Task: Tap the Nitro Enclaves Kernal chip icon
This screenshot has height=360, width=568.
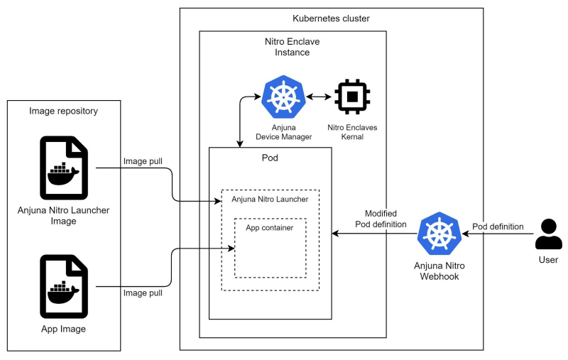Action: click(352, 97)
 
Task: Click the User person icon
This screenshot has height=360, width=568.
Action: click(548, 234)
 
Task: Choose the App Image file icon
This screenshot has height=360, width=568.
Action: click(64, 286)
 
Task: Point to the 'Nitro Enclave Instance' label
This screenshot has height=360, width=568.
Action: click(292, 47)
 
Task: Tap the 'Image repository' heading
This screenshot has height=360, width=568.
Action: click(64, 111)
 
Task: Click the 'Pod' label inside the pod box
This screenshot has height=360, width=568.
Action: click(270, 158)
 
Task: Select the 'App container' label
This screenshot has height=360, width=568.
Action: click(270, 227)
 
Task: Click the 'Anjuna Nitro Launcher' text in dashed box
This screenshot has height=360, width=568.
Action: click(270, 200)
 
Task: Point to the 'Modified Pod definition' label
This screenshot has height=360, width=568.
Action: click(381, 219)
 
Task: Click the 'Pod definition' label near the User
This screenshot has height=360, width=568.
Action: click(498, 227)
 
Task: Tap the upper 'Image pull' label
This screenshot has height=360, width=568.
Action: click(143, 161)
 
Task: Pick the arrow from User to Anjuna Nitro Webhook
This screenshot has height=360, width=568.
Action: click(497, 234)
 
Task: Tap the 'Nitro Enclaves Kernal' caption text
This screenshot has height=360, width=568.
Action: click(352, 131)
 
